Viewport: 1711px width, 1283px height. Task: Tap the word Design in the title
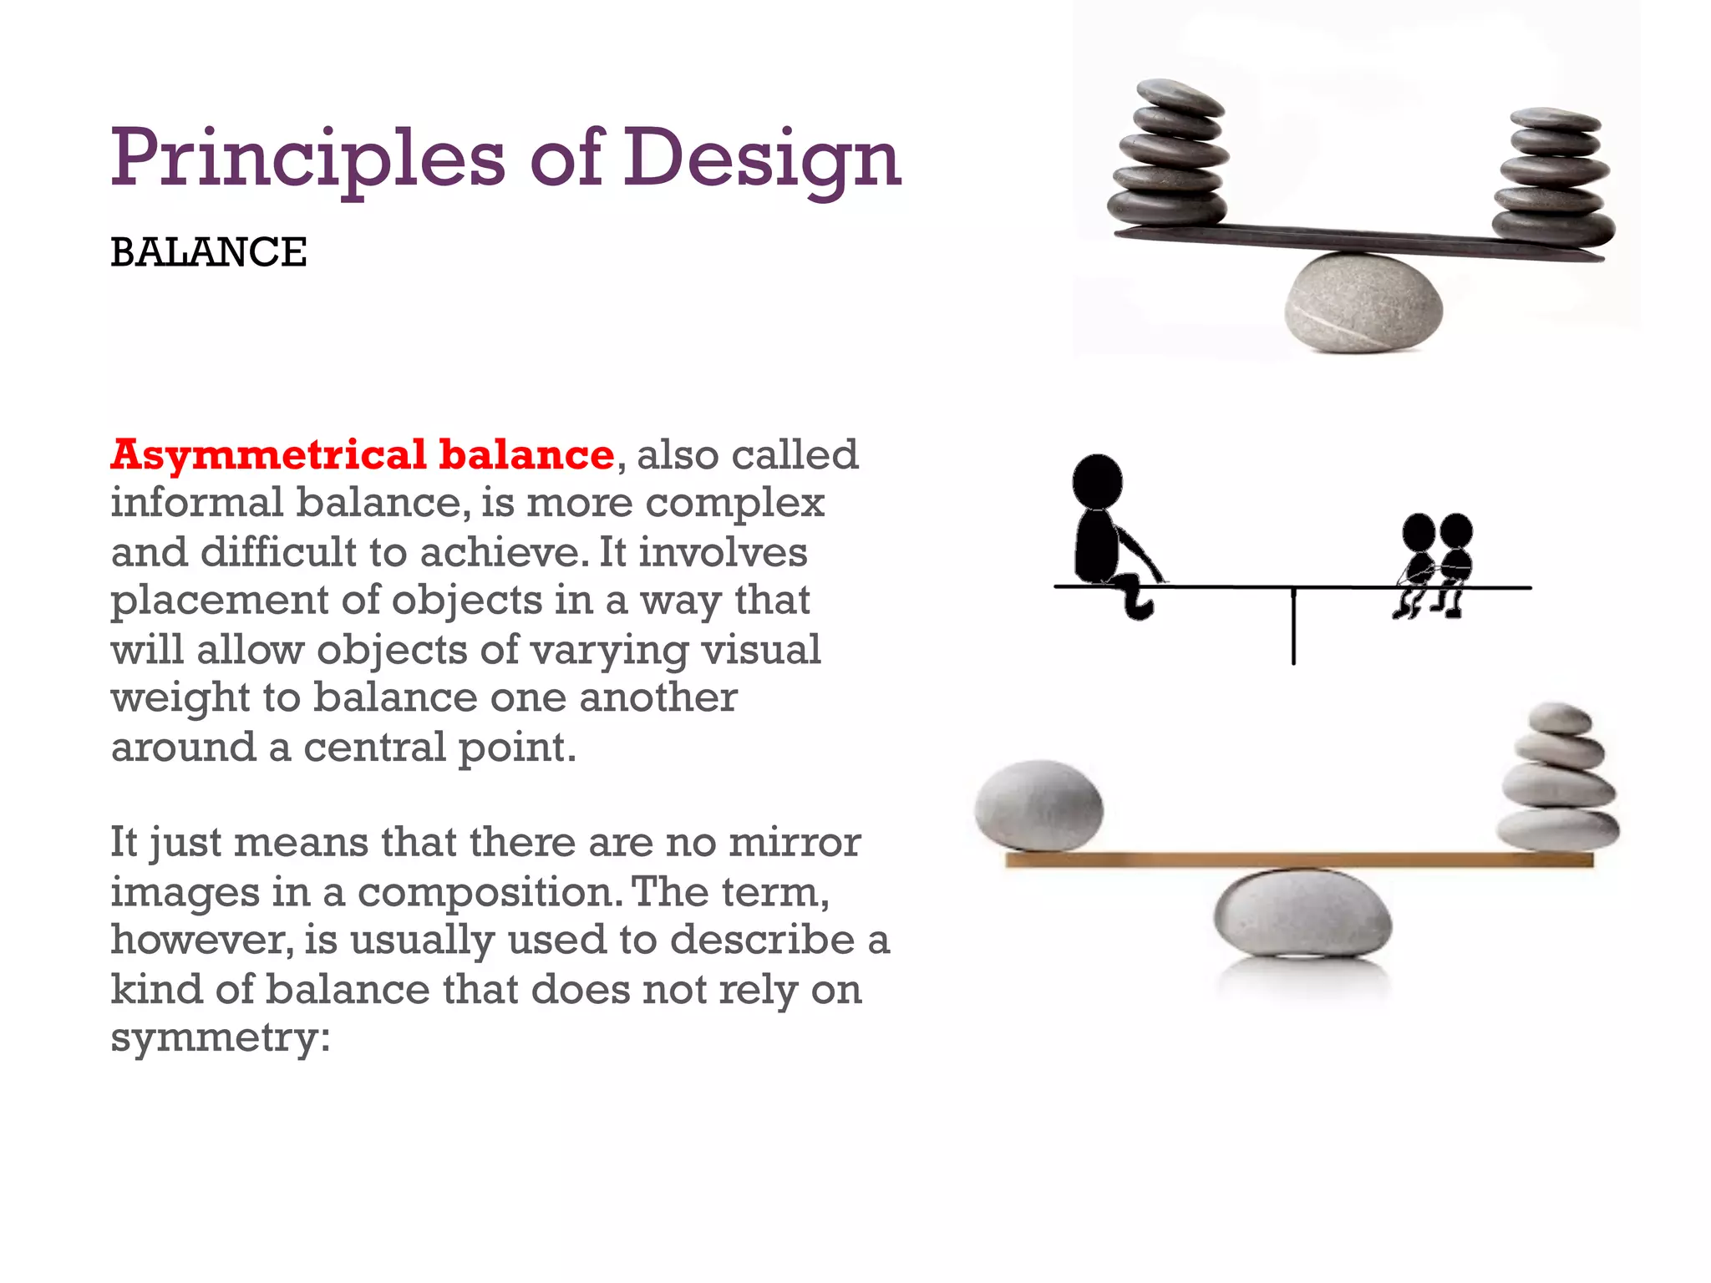point(762,159)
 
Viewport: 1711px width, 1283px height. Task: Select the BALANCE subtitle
point(209,252)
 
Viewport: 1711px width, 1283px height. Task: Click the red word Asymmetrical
point(268,456)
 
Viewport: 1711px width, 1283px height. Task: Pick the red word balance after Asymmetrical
point(527,454)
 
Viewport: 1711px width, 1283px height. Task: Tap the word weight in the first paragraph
point(180,698)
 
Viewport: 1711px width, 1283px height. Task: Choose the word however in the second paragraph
point(201,941)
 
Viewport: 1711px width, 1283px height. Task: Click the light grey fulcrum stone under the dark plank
point(1363,302)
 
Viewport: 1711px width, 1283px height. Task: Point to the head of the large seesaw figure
point(1097,480)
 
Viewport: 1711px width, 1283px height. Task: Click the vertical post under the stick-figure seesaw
point(1293,626)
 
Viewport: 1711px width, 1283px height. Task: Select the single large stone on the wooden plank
point(1038,805)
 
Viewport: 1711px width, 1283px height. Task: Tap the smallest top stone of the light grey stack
point(1559,718)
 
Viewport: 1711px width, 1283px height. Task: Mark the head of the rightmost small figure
point(1456,530)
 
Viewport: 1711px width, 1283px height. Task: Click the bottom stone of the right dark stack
point(1553,228)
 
